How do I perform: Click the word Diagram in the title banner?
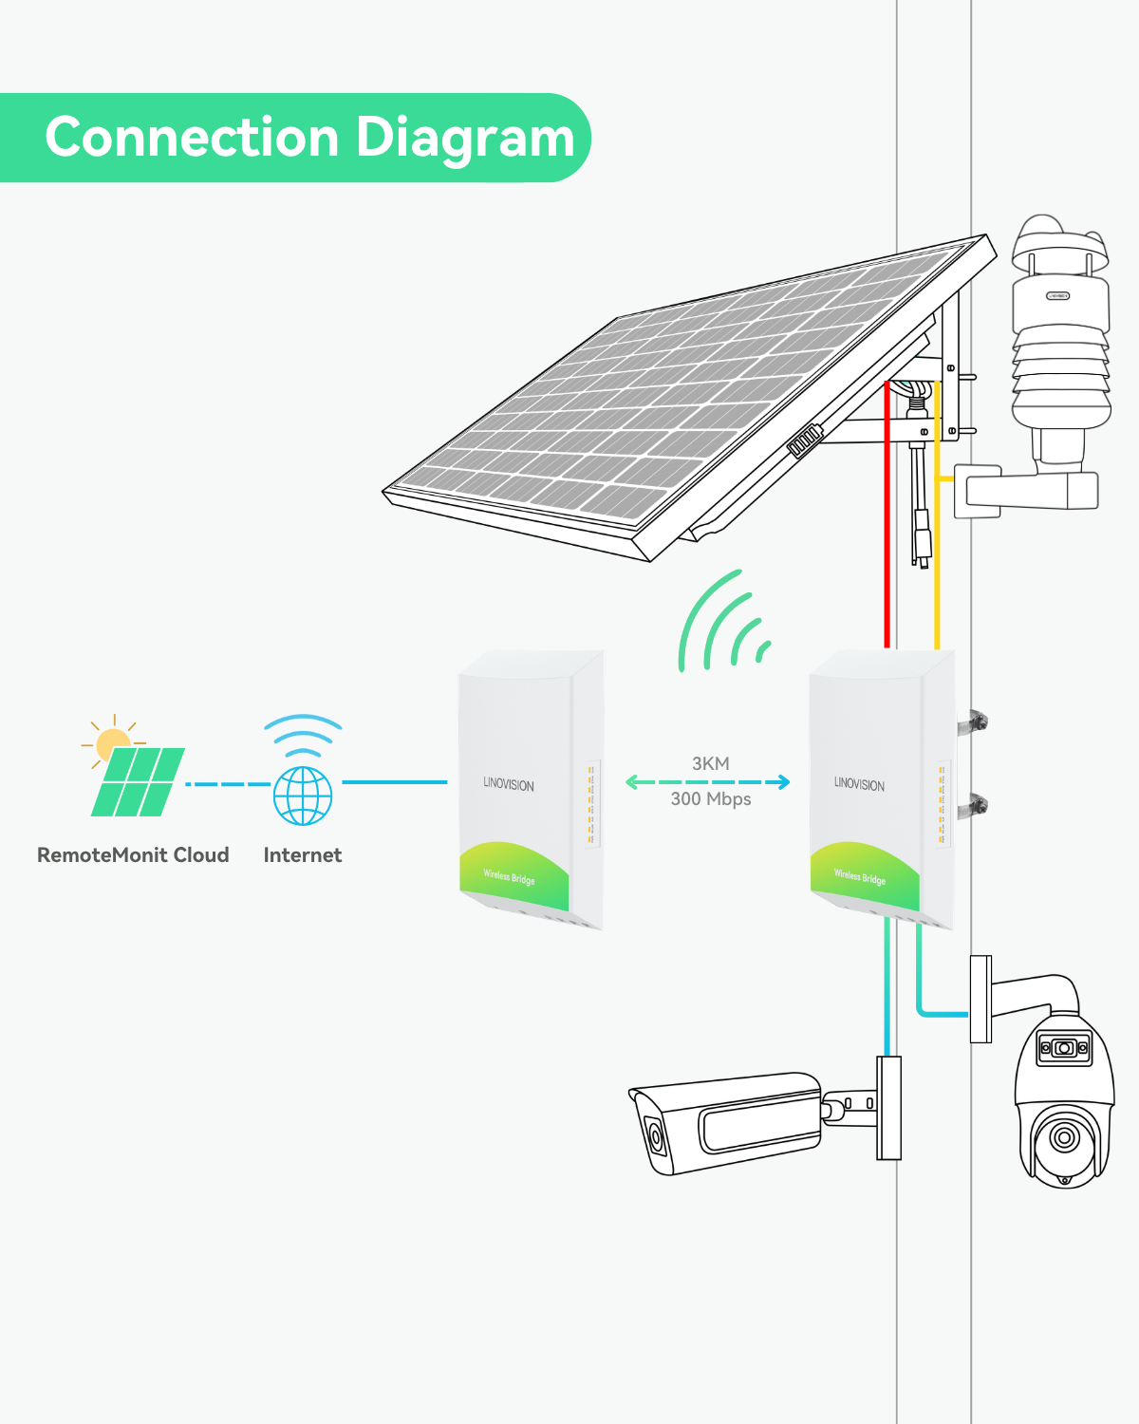pyautogui.click(x=465, y=139)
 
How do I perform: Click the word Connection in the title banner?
pyautogui.click(x=192, y=137)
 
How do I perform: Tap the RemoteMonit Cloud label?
pyautogui.click(x=133, y=855)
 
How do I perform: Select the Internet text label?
pyautogui.click(x=303, y=855)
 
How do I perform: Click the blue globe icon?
pyautogui.click(x=303, y=796)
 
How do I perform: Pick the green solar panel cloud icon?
pyautogui.click(x=138, y=781)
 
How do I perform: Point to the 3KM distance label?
pyautogui.click(x=711, y=763)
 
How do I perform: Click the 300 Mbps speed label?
pyautogui.click(x=711, y=799)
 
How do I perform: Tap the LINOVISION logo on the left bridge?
pyautogui.click(x=509, y=784)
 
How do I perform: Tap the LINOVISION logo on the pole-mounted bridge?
pyautogui.click(x=859, y=784)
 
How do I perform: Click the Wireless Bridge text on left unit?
pyautogui.click(x=509, y=877)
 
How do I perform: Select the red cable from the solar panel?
pyautogui.click(x=887, y=515)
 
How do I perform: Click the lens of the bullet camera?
pyautogui.click(x=655, y=1136)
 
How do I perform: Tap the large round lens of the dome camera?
pyautogui.click(x=1064, y=1137)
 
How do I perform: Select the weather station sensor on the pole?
pyautogui.click(x=1060, y=344)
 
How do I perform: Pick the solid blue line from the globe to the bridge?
pyautogui.click(x=395, y=782)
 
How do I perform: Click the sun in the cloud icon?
pyautogui.click(x=112, y=742)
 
